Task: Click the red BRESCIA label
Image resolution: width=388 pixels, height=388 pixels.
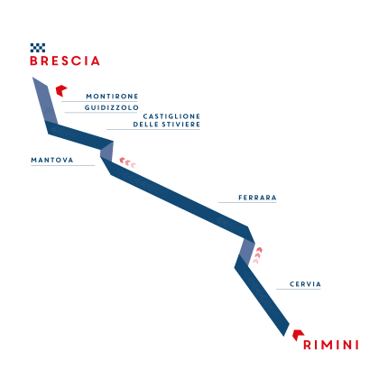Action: point(65,60)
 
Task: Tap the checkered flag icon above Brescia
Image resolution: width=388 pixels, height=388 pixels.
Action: point(38,48)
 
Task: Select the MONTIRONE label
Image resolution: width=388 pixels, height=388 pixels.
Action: point(112,97)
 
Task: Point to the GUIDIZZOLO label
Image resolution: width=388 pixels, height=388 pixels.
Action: point(111,107)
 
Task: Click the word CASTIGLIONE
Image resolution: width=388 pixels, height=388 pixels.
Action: point(171,116)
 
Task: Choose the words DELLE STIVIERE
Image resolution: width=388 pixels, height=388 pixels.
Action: point(167,125)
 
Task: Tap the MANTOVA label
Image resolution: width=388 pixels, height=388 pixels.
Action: point(52,160)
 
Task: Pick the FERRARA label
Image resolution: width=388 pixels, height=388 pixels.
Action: point(257,198)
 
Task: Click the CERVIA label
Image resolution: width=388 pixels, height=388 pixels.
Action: point(305,284)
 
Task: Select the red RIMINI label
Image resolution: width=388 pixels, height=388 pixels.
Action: point(331,345)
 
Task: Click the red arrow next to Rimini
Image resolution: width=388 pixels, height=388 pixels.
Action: point(298,335)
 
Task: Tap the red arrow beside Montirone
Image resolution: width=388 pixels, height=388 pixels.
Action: point(61,90)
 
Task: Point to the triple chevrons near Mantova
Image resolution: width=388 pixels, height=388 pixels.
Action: point(127,162)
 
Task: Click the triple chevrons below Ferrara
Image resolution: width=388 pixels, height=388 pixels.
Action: point(257,255)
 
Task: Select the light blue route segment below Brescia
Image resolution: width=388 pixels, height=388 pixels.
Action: point(45,100)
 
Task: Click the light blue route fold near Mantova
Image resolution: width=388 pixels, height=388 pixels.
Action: point(106,152)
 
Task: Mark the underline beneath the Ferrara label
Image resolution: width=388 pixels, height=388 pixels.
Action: point(247,203)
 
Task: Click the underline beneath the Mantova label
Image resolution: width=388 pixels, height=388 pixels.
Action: point(63,165)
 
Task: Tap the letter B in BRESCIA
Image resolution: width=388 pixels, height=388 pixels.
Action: point(33,60)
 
